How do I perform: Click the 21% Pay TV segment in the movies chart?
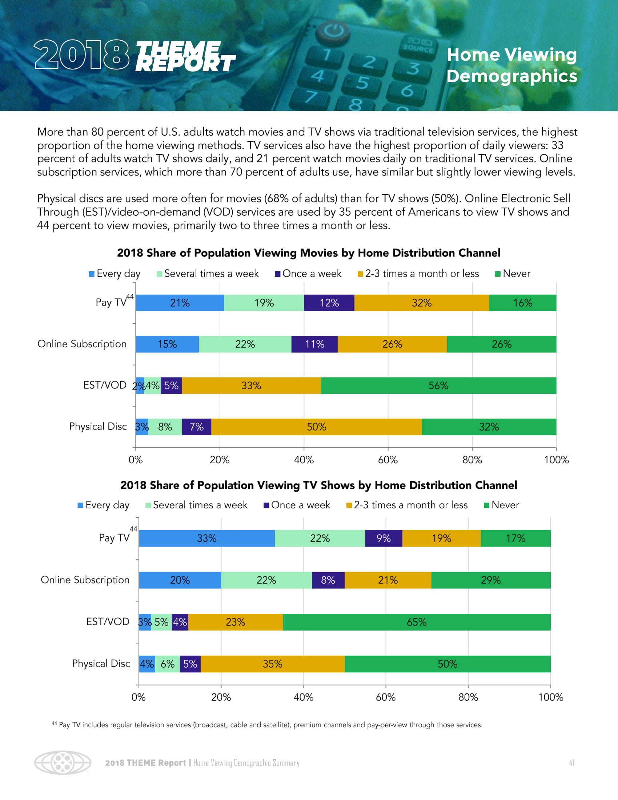pyautogui.click(x=179, y=303)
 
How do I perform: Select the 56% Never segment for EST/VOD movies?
pyautogui.click(x=438, y=386)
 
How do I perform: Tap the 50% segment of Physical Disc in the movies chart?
pyautogui.click(x=316, y=427)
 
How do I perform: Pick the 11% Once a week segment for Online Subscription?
pyautogui.click(x=314, y=344)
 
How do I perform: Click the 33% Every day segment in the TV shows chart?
pyautogui.click(x=206, y=539)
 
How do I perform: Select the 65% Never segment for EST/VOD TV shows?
pyautogui.click(x=417, y=622)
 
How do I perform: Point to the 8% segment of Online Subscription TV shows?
pyautogui.click(x=328, y=580)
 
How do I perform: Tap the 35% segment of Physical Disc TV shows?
pyautogui.click(x=272, y=664)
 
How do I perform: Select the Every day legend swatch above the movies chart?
pyautogui.click(x=92, y=274)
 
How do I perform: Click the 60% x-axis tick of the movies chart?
pyautogui.click(x=388, y=460)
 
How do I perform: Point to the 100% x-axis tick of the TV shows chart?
pyautogui.click(x=550, y=697)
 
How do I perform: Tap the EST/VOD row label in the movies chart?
pyautogui.click(x=105, y=385)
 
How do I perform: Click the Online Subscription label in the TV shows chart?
pyautogui.click(x=85, y=580)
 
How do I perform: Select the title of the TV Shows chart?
pyautogui.click(x=318, y=485)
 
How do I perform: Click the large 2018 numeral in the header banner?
pyautogui.click(x=81, y=55)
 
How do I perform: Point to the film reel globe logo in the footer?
pyautogui.click(x=63, y=763)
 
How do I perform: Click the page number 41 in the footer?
pyautogui.click(x=571, y=763)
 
